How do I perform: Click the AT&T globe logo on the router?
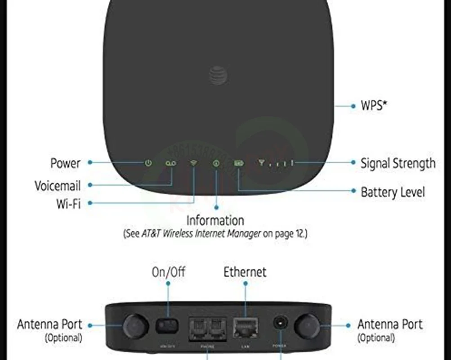point(217,75)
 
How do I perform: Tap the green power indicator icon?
point(148,163)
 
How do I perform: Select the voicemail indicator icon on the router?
point(171,163)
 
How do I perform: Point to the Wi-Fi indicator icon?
point(194,162)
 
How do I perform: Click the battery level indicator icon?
point(238,163)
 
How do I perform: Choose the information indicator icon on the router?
point(216,163)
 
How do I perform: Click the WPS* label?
point(374,106)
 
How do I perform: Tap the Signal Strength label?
point(398,163)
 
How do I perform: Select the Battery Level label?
point(393,192)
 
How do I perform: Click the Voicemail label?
point(58,185)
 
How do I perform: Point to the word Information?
point(215,220)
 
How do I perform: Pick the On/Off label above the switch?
point(168,272)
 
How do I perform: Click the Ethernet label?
point(245,272)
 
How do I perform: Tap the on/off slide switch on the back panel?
point(167,325)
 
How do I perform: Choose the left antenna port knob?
point(135,326)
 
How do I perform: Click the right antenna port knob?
point(307,326)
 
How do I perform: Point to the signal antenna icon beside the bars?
point(262,163)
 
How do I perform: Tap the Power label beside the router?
point(66,163)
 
